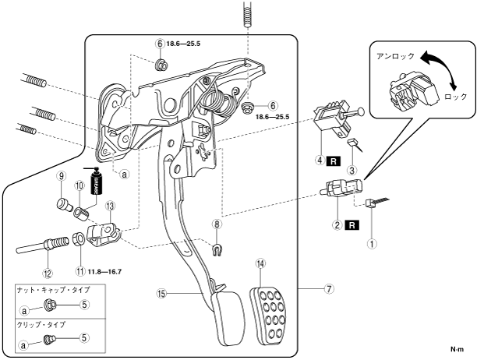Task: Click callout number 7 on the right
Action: [x=329, y=288]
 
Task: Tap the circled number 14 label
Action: [x=260, y=263]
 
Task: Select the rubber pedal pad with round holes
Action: [x=268, y=316]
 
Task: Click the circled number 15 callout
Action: [x=161, y=293]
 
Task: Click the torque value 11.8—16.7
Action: [x=104, y=271]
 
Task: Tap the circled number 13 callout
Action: [x=110, y=206]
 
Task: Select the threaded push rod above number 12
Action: [x=43, y=244]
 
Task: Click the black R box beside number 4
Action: [x=333, y=161]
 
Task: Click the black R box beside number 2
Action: [x=352, y=225]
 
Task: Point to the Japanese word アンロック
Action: [x=395, y=57]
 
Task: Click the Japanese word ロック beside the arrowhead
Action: [x=455, y=97]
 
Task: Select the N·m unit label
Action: [x=457, y=349]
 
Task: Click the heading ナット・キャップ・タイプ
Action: [x=54, y=290]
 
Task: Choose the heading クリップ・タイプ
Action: [x=41, y=325]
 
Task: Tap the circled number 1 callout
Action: [x=373, y=244]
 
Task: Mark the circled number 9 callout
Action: [x=61, y=176]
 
